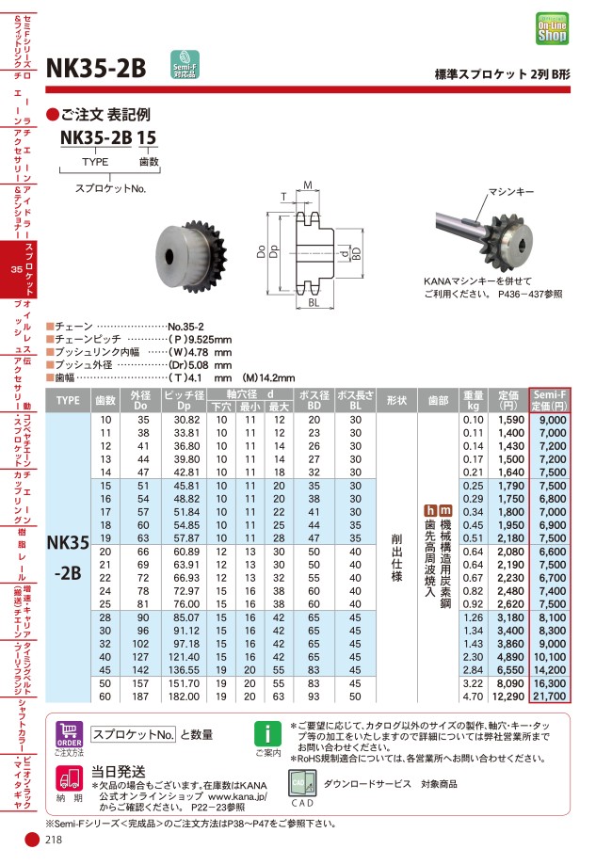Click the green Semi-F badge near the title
tap(183, 64)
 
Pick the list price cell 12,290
tap(507, 697)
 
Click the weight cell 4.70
tap(474, 697)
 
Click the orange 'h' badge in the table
tap(430, 510)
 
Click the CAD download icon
tap(301, 784)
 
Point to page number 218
tap(53, 843)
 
